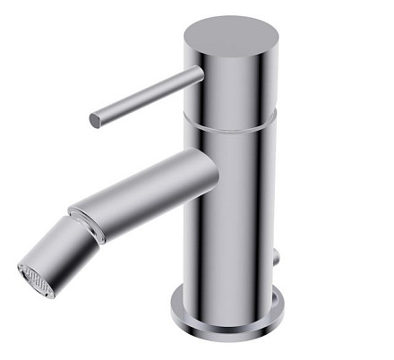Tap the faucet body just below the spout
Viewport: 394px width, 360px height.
pyautogui.click(x=228, y=224)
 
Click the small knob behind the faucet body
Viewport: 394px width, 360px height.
pyautogui.click(x=277, y=259)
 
